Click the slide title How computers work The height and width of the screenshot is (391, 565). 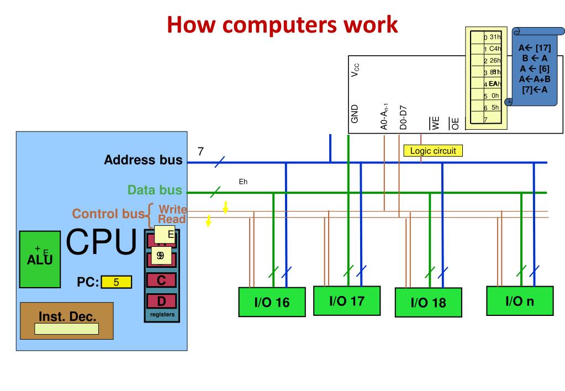click(282, 25)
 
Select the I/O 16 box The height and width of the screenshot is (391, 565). click(271, 302)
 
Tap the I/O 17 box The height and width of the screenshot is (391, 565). click(346, 300)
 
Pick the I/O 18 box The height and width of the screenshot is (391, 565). click(427, 302)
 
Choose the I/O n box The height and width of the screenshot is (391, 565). click(519, 301)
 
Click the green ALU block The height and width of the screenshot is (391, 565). click(40, 260)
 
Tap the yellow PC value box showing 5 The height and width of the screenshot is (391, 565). click(117, 283)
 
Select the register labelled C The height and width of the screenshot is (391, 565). click(161, 280)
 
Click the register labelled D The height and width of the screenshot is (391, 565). click(161, 302)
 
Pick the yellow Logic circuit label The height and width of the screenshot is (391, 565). click(432, 150)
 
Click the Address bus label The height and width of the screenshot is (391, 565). click(143, 161)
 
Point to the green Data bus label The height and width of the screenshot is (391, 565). click(155, 191)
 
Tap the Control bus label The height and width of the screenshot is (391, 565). click(108, 214)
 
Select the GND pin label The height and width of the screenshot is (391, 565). click(355, 114)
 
